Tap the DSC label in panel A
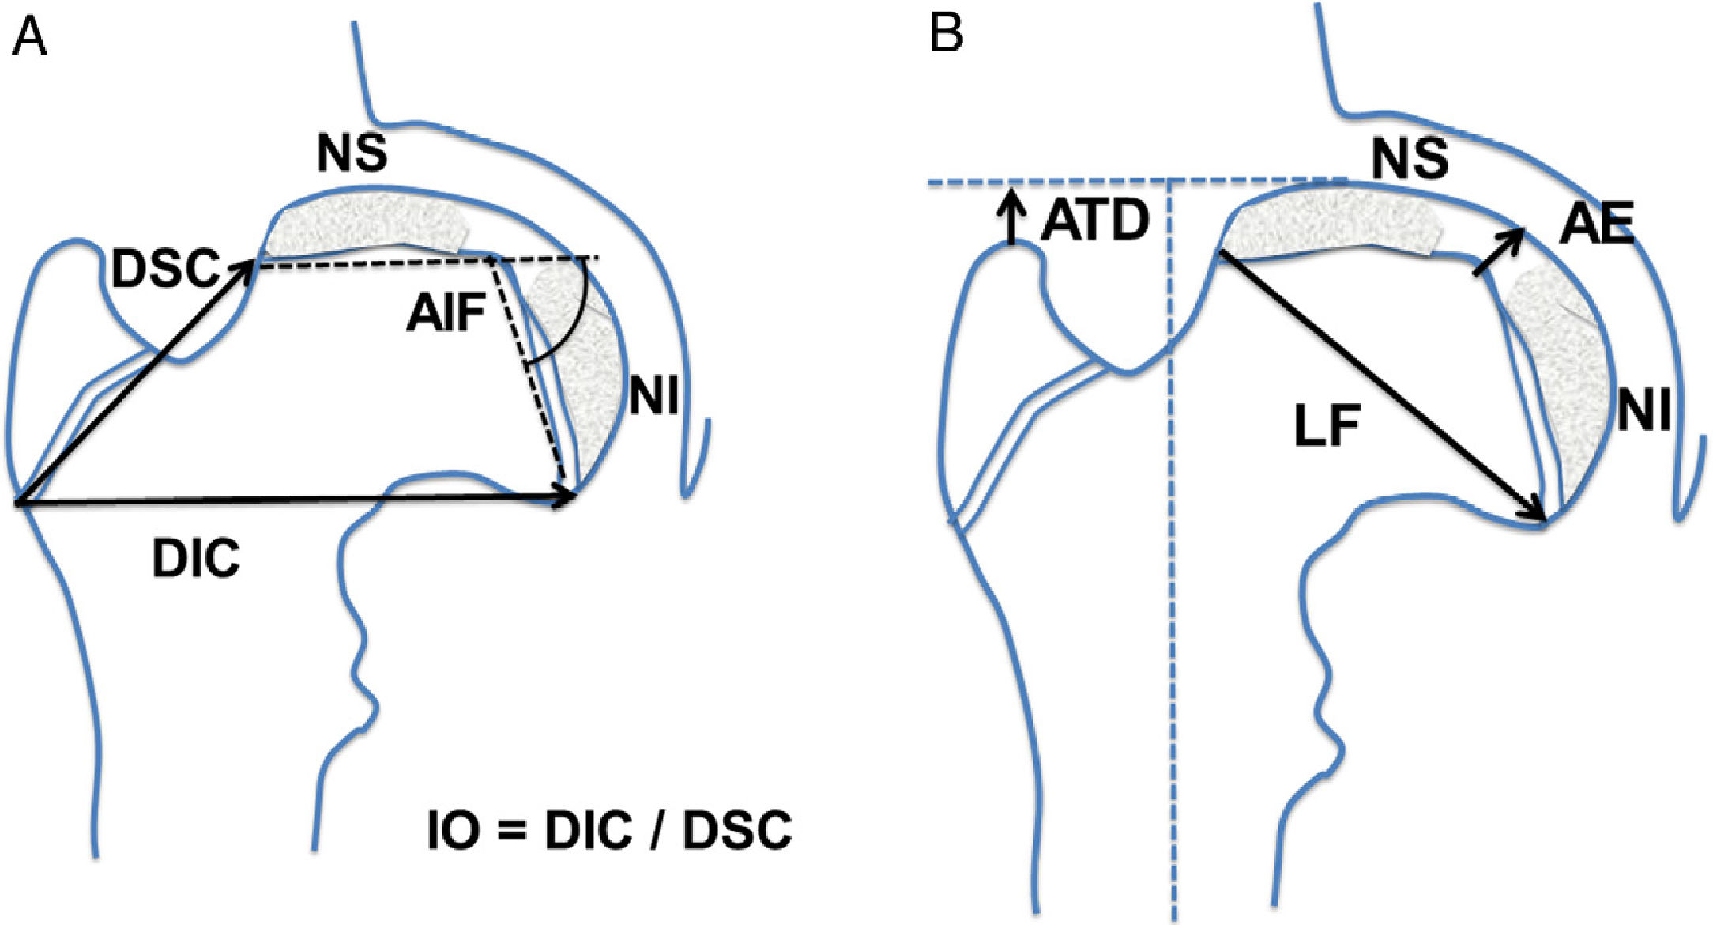click(x=164, y=269)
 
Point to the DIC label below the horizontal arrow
click(x=196, y=561)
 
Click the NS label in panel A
click(x=352, y=153)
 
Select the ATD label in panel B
click(x=1094, y=222)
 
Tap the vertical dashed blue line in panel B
click(x=1172, y=553)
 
